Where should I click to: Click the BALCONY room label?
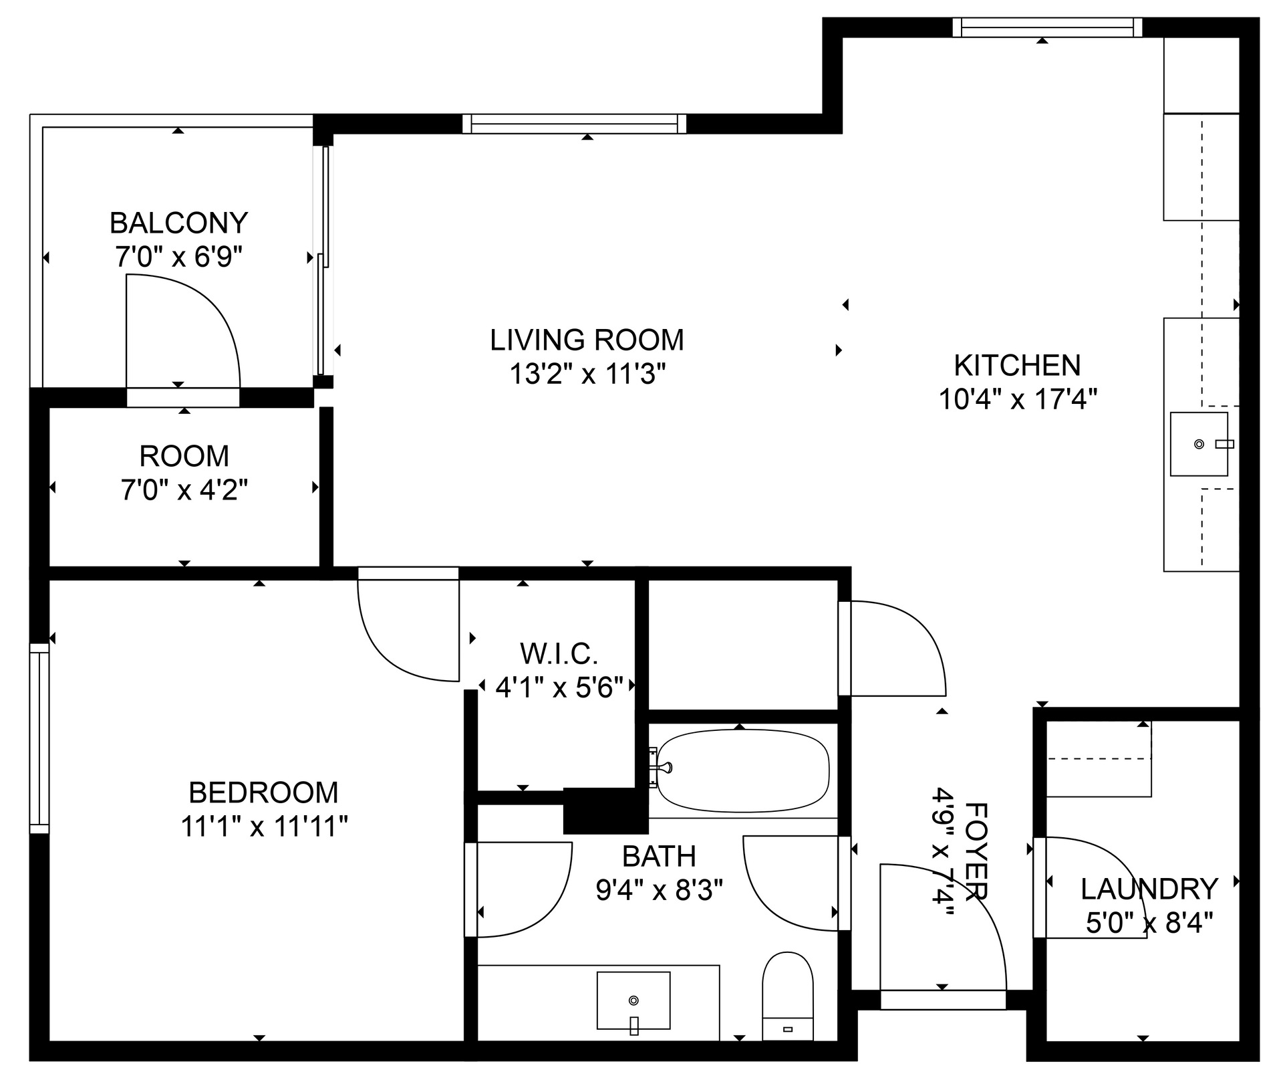(x=178, y=223)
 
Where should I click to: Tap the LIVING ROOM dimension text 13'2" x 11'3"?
(x=587, y=374)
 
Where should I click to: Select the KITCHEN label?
(x=1017, y=365)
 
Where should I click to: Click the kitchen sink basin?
(x=1198, y=444)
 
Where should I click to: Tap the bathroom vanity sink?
(x=633, y=1000)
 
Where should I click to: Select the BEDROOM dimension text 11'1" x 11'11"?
(x=264, y=827)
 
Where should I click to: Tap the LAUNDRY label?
(x=1149, y=889)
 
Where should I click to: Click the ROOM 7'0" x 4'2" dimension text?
(x=184, y=490)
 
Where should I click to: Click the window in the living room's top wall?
(x=574, y=124)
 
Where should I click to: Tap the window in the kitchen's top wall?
(x=1046, y=27)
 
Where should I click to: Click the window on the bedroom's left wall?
(x=39, y=738)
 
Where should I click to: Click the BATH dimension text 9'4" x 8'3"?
(x=659, y=890)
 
